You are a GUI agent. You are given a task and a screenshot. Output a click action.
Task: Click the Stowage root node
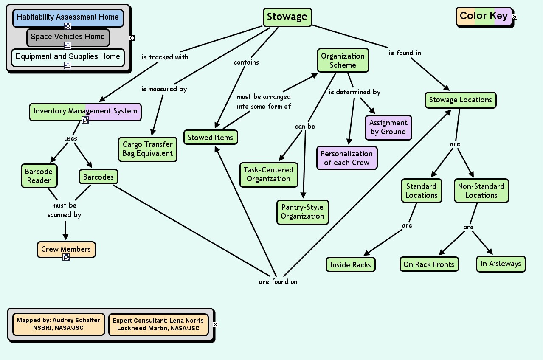(x=287, y=17)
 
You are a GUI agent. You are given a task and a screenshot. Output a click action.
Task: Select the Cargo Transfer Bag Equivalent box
(x=148, y=149)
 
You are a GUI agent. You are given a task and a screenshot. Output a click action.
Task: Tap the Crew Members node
(x=66, y=249)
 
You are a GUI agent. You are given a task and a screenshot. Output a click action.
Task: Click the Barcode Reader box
(x=39, y=176)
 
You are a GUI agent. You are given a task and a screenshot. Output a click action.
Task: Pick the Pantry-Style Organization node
(x=302, y=212)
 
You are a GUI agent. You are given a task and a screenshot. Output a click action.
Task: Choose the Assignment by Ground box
(x=388, y=127)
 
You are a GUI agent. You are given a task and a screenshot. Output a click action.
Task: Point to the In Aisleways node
(x=501, y=264)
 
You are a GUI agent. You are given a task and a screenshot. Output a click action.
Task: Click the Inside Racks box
(x=351, y=265)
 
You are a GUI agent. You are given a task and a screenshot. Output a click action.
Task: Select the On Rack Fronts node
(x=429, y=264)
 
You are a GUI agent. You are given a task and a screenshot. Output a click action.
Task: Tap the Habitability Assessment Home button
(x=68, y=17)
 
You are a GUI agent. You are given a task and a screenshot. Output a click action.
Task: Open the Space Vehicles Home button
(x=68, y=37)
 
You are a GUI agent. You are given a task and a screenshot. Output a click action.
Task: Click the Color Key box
(x=484, y=16)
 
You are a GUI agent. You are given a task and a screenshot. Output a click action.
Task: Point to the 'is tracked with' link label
(x=165, y=57)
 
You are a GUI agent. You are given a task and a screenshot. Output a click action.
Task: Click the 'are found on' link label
(x=278, y=281)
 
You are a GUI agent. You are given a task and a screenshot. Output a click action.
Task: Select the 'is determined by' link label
(x=354, y=92)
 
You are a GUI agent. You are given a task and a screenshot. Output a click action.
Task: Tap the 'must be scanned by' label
(x=64, y=210)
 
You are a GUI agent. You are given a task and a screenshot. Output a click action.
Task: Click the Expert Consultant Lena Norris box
(x=158, y=324)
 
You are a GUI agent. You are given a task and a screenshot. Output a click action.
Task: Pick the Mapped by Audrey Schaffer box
(x=59, y=324)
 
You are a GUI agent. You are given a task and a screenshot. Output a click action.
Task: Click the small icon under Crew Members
(x=66, y=257)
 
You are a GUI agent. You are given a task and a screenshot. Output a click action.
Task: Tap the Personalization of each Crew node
(x=346, y=158)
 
